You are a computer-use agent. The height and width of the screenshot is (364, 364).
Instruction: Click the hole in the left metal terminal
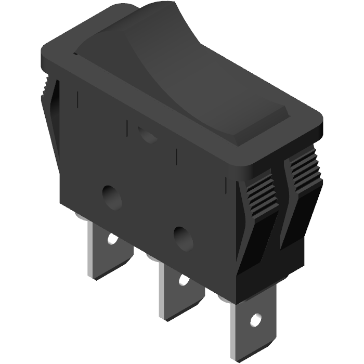pos(112,239)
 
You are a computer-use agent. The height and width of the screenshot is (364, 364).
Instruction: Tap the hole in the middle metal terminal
pos(183,280)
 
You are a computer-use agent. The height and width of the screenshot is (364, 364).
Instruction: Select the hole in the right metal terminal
pos(255,319)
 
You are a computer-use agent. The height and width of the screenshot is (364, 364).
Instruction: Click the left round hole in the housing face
pos(112,197)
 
